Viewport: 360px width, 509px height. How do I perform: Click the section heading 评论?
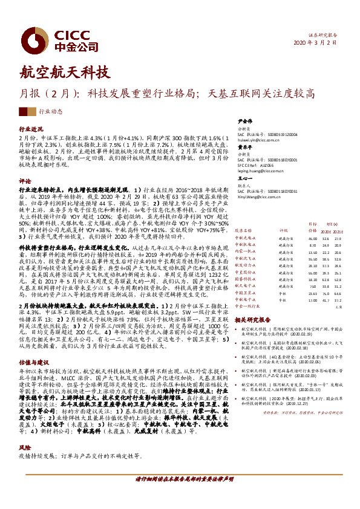tap(25, 181)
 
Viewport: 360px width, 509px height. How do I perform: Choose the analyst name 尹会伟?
tap(244, 120)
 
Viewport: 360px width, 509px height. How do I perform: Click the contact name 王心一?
tap(244, 178)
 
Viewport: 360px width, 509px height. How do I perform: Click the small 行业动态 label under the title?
tap(51, 112)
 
